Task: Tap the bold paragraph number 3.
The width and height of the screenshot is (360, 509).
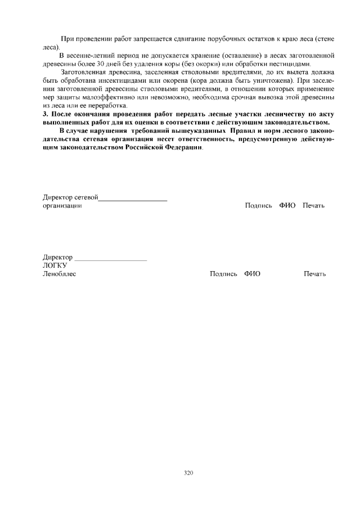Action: (x=46, y=114)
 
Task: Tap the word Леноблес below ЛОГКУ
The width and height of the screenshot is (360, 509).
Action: (x=60, y=274)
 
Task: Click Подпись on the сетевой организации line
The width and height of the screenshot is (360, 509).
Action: (x=259, y=206)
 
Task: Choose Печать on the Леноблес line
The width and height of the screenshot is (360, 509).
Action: (x=315, y=274)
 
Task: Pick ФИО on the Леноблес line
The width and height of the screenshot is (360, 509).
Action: (x=252, y=274)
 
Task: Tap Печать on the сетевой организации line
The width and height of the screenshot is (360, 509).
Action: (x=314, y=206)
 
